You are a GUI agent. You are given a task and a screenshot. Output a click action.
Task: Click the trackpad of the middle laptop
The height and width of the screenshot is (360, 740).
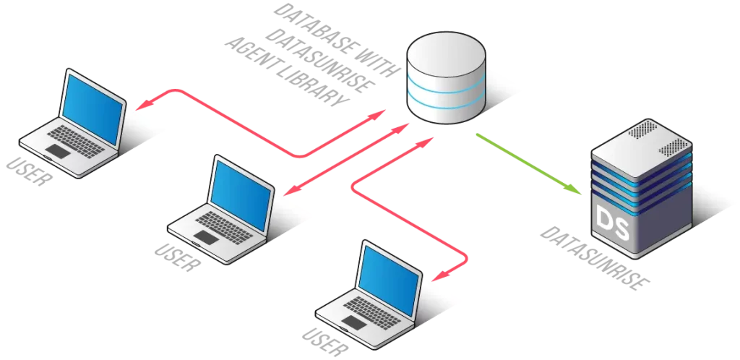click(208, 237)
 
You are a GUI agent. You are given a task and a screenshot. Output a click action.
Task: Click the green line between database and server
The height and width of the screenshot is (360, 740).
click(528, 162)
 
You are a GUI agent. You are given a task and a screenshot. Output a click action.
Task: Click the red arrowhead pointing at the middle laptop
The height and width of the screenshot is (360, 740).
click(287, 192)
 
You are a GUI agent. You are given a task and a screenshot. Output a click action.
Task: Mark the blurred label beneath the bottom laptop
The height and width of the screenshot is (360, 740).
click(323, 337)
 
